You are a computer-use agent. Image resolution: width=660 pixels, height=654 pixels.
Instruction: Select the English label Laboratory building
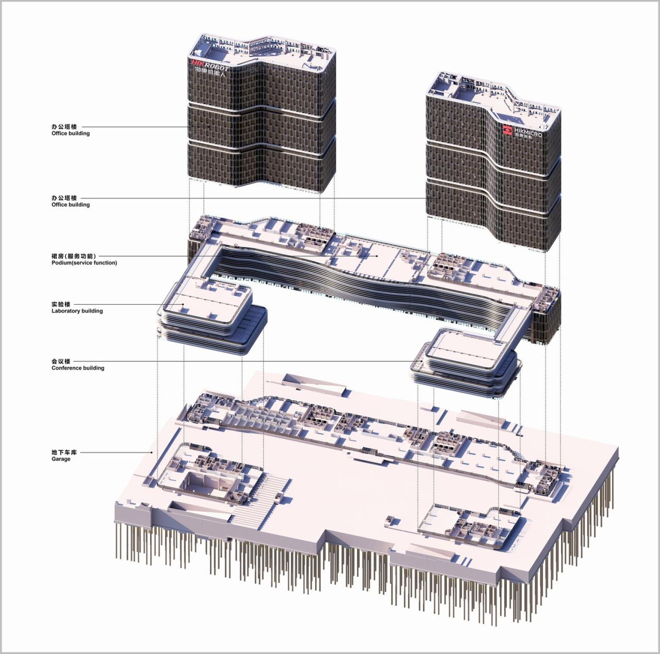(77, 311)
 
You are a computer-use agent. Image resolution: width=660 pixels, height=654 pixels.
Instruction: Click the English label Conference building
(78, 368)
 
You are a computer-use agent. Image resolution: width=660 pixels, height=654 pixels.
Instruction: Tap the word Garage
(61, 459)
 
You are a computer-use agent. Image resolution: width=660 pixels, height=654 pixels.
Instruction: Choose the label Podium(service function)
(84, 263)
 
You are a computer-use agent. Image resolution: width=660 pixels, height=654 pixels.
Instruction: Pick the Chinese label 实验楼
(61, 305)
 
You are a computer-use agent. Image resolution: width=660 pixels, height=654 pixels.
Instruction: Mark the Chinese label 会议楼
(61, 362)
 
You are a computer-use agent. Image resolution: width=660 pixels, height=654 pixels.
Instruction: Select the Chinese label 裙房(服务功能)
(73, 256)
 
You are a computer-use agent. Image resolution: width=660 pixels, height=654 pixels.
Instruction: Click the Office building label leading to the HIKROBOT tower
(71, 133)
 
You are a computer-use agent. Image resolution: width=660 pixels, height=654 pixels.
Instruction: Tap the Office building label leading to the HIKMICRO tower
(71, 205)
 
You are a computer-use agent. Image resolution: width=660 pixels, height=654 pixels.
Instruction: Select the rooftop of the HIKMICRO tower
(490, 98)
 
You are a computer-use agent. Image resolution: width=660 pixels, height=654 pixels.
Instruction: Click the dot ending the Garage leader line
(152, 452)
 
